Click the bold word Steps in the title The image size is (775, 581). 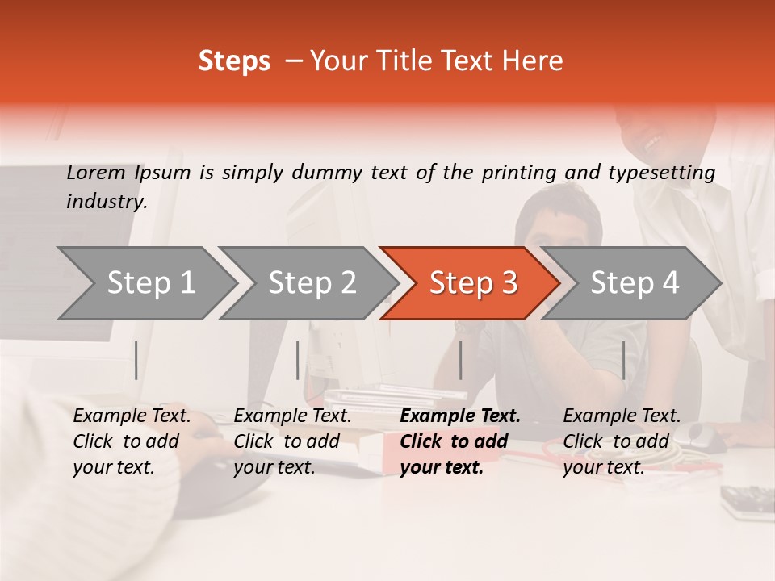[234, 61]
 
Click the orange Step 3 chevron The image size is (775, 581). [471, 283]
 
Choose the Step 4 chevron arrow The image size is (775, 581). [633, 283]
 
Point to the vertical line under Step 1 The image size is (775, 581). [136, 360]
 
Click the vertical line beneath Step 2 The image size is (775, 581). [298, 360]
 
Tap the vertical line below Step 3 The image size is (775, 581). [460, 360]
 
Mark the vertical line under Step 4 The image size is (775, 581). [624, 360]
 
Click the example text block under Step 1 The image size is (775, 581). [132, 441]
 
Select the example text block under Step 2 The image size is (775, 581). [292, 441]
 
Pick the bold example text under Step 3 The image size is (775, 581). [459, 441]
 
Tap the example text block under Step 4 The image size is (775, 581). [622, 441]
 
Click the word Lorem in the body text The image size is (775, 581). [95, 172]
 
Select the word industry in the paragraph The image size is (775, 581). [106, 202]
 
